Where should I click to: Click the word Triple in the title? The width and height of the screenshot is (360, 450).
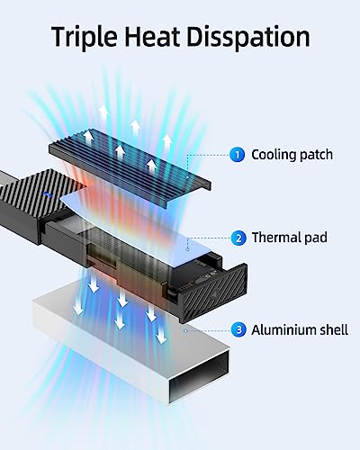click(85, 37)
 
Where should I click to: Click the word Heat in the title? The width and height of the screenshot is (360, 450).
click(152, 36)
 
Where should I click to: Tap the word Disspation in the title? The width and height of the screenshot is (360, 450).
click(248, 37)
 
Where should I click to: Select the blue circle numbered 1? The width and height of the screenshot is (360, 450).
click(238, 155)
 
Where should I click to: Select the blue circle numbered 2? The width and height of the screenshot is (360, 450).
click(238, 238)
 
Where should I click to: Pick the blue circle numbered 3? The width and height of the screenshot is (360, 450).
click(238, 330)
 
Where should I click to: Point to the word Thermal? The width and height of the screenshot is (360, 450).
click(276, 238)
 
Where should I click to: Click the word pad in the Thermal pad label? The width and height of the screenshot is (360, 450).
click(316, 238)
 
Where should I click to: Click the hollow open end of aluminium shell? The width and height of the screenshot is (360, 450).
click(199, 376)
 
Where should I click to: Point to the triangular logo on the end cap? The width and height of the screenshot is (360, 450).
click(214, 295)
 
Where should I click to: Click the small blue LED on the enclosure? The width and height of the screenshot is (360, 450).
click(48, 194)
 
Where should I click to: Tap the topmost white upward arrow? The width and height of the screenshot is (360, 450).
click(103, 113)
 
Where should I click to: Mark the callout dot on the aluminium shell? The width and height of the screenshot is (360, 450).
click(185, 330)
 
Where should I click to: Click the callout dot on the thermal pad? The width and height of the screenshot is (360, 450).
click(188, 249)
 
